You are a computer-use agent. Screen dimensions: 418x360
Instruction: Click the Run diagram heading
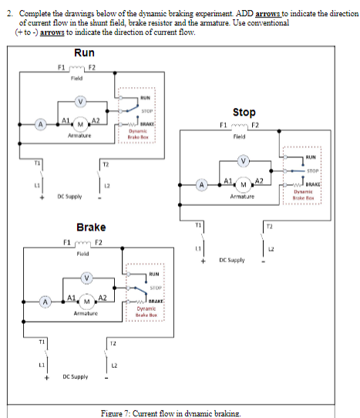tap(84, 52)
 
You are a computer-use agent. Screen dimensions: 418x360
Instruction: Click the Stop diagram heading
tap(244, 113)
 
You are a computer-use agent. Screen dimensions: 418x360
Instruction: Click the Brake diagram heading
tap(91, 228)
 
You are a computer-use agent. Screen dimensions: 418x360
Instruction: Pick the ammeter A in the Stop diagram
tap(202, 185)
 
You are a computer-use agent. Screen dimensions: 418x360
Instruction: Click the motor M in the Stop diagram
tap(244, 185)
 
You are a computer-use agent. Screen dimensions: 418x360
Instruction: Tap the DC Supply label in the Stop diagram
tap(232, 261)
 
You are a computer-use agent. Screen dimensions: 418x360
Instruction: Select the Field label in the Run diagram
tap(77, 78)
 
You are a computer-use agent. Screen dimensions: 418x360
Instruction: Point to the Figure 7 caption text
tap(172, 413)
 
